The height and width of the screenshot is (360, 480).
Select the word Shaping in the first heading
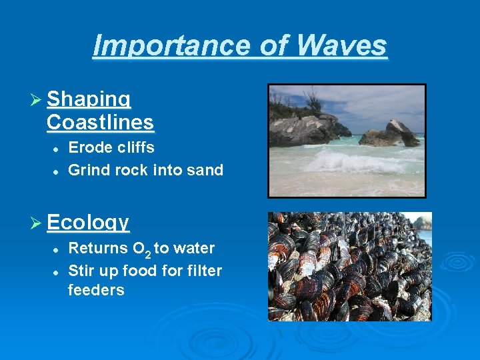click(89, 99)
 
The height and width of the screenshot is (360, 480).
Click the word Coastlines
click(100, 123)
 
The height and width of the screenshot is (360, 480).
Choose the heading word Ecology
click(89, 222)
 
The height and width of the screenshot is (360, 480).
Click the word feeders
click(96, 290)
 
